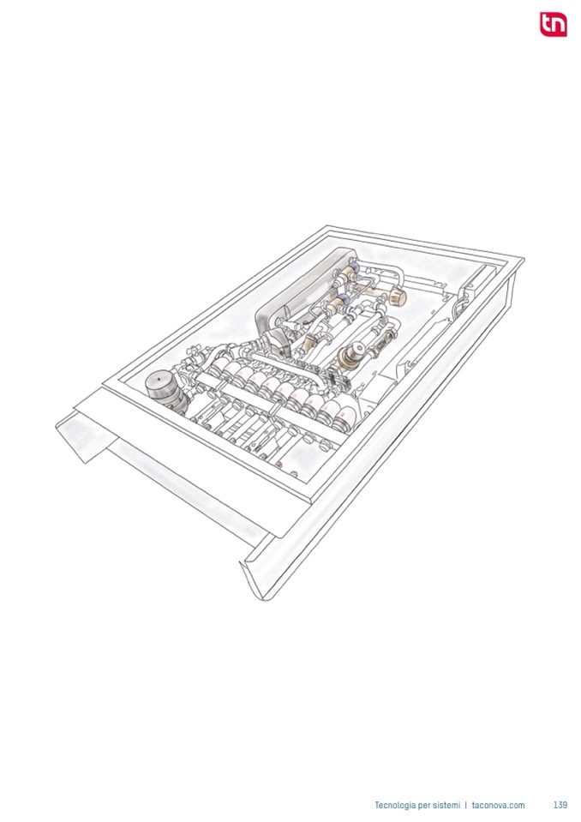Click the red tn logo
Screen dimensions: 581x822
point(554,24)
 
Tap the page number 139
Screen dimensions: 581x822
point(560,805)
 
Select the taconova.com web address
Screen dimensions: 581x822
point(498,805)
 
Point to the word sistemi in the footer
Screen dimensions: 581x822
point(446,805)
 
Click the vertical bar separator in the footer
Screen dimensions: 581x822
point(466,805)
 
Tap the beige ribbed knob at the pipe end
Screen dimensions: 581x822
point(398,297)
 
